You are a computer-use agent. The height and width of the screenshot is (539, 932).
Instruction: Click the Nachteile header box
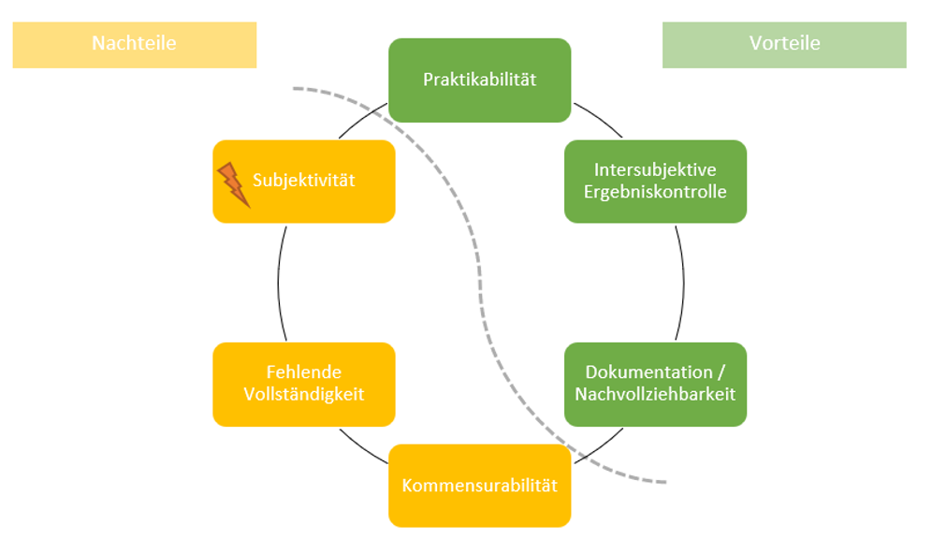tap(134, 44)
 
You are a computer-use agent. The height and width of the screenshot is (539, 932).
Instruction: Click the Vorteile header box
tap(784, 44)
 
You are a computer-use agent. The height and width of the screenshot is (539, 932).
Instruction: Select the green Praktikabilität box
tap(479, 80)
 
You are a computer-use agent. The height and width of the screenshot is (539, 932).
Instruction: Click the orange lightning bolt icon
tap(233, 183)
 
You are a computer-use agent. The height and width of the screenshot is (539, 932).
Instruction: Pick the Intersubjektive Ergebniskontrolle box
tap(655, 181)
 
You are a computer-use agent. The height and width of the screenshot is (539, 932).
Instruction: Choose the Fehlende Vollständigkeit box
tap(304, 384)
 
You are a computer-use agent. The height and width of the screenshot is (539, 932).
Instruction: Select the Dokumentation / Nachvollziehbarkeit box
tap(655, 384)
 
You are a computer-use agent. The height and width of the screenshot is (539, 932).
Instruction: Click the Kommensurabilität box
tap(479, 486)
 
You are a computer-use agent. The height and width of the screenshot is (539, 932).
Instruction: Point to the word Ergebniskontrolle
tap(655, 192)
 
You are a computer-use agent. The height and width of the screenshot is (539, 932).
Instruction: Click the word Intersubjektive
tap(655, 169)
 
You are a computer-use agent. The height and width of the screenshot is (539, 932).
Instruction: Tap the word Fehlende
tap(304, 372)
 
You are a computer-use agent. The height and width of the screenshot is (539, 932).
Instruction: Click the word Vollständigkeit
tap(304, 395)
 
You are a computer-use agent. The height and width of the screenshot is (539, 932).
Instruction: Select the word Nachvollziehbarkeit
tap(655, 395)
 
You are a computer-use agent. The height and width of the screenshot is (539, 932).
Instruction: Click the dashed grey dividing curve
tap(478, 281)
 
